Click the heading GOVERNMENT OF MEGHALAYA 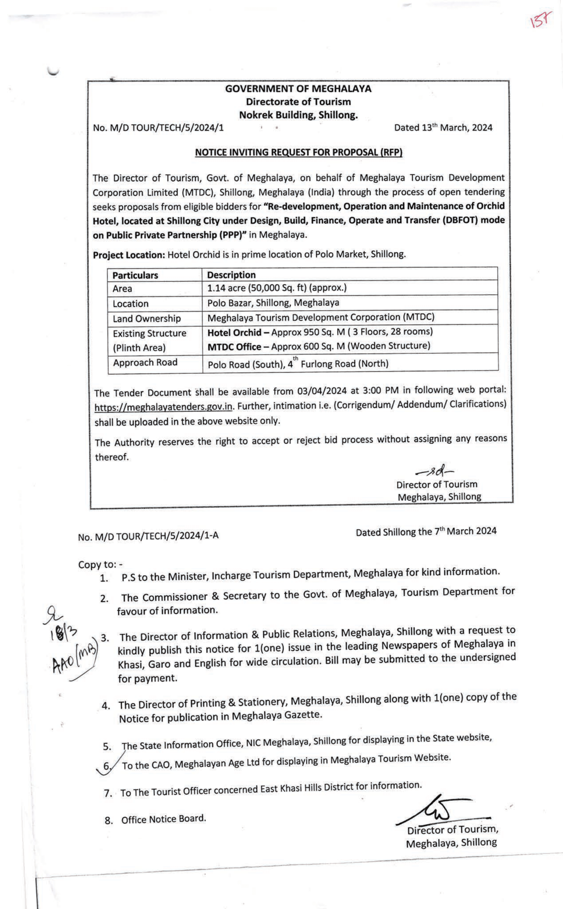(x=298, y=89)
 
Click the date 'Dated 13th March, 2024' (x=443, y=128)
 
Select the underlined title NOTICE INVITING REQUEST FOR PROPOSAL (x=298, y=152)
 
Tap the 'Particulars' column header (x=135, y=275)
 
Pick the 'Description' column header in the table (x=231, y=275)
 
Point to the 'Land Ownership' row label (x=147, y=319)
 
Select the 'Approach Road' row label (x=145, y=362)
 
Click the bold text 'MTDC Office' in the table (x=234, y=347)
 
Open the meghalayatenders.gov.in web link (x=163, y=407)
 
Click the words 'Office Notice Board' (x=163, y=819)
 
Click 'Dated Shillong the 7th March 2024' (x=426, y=532)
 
